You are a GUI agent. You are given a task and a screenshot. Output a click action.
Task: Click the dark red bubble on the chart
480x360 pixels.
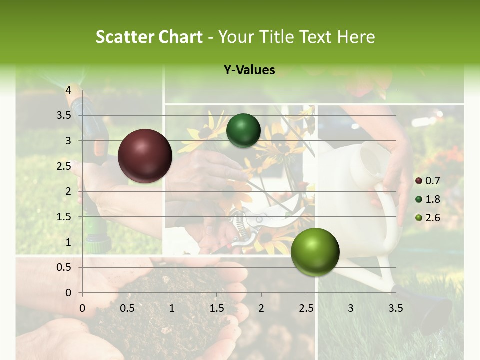coord(145,156)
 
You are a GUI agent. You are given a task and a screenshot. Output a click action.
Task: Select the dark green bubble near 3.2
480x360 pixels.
coord(243,130)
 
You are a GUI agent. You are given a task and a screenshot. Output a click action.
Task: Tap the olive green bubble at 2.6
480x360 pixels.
coord(315,252)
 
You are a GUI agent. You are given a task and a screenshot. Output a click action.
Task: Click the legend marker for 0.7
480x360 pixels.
coord(419,181)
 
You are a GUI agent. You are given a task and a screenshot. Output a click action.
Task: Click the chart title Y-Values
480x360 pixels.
coord(249,70)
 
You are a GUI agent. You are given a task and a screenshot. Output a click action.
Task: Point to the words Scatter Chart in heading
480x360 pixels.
coord(149,37)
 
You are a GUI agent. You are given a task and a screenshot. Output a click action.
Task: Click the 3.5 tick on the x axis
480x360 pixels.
coord(395,308)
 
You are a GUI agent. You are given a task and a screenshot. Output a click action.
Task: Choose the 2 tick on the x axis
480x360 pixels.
coord(261,308)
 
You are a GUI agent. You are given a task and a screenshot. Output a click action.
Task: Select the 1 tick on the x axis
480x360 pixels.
coord(172,308)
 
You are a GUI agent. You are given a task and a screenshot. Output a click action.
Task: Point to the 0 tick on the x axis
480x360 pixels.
coord(83,308)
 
